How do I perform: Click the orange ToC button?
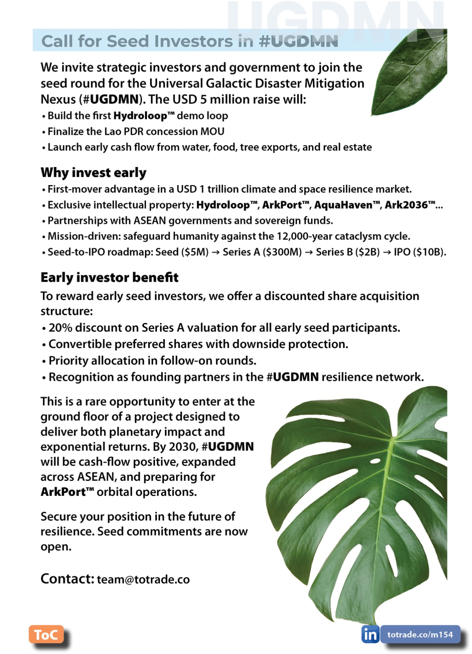[46, 634]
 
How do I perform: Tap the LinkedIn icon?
[370, 634]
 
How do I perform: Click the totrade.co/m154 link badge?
[420, 634]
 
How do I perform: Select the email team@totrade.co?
[143, 579]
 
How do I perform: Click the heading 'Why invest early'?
[93, 172]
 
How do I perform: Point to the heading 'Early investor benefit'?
[109, 277]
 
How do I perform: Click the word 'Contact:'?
[67, 579]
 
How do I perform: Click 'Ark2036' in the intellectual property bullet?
[406, 205]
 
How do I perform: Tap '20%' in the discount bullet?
[60, 328]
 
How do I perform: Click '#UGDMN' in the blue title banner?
[299, 41]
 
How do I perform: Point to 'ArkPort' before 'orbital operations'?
[63, 492]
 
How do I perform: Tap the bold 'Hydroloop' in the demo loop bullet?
[140, 116]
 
